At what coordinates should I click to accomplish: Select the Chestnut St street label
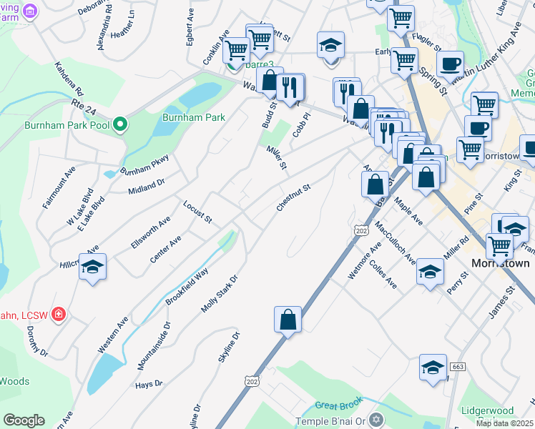pyautogui.click(x=293, y=199)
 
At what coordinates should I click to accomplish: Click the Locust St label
pyautogui.click(x=197, y=212)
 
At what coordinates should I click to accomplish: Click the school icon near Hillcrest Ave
pyautogui.click(x=92, y=268)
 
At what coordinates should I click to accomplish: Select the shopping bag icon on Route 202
pyautogui.click(x=288, y=320)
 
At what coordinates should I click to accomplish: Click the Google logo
pyautogui.click(x=24, y=420)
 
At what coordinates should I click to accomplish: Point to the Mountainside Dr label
pyautogui.click(x=154, y=345)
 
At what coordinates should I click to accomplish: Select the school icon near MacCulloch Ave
pyautogui.click(x=430, y=272)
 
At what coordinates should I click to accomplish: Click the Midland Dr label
pyautogui.click(x=147, y=187)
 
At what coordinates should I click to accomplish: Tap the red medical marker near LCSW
pyautogui.click(x=59, y=314)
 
